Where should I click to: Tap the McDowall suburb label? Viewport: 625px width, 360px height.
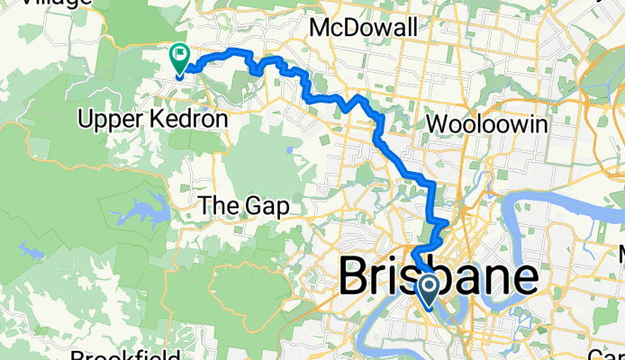pos(363,29)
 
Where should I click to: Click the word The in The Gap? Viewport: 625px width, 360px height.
pos(218,207)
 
